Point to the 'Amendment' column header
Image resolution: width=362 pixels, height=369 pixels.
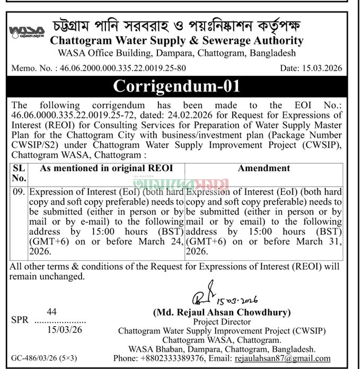[263, 168]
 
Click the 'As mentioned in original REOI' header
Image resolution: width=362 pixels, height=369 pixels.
[105, 168]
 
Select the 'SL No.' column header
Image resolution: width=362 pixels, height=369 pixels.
[19, 173]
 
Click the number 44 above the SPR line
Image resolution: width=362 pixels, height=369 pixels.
[51, 312]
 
